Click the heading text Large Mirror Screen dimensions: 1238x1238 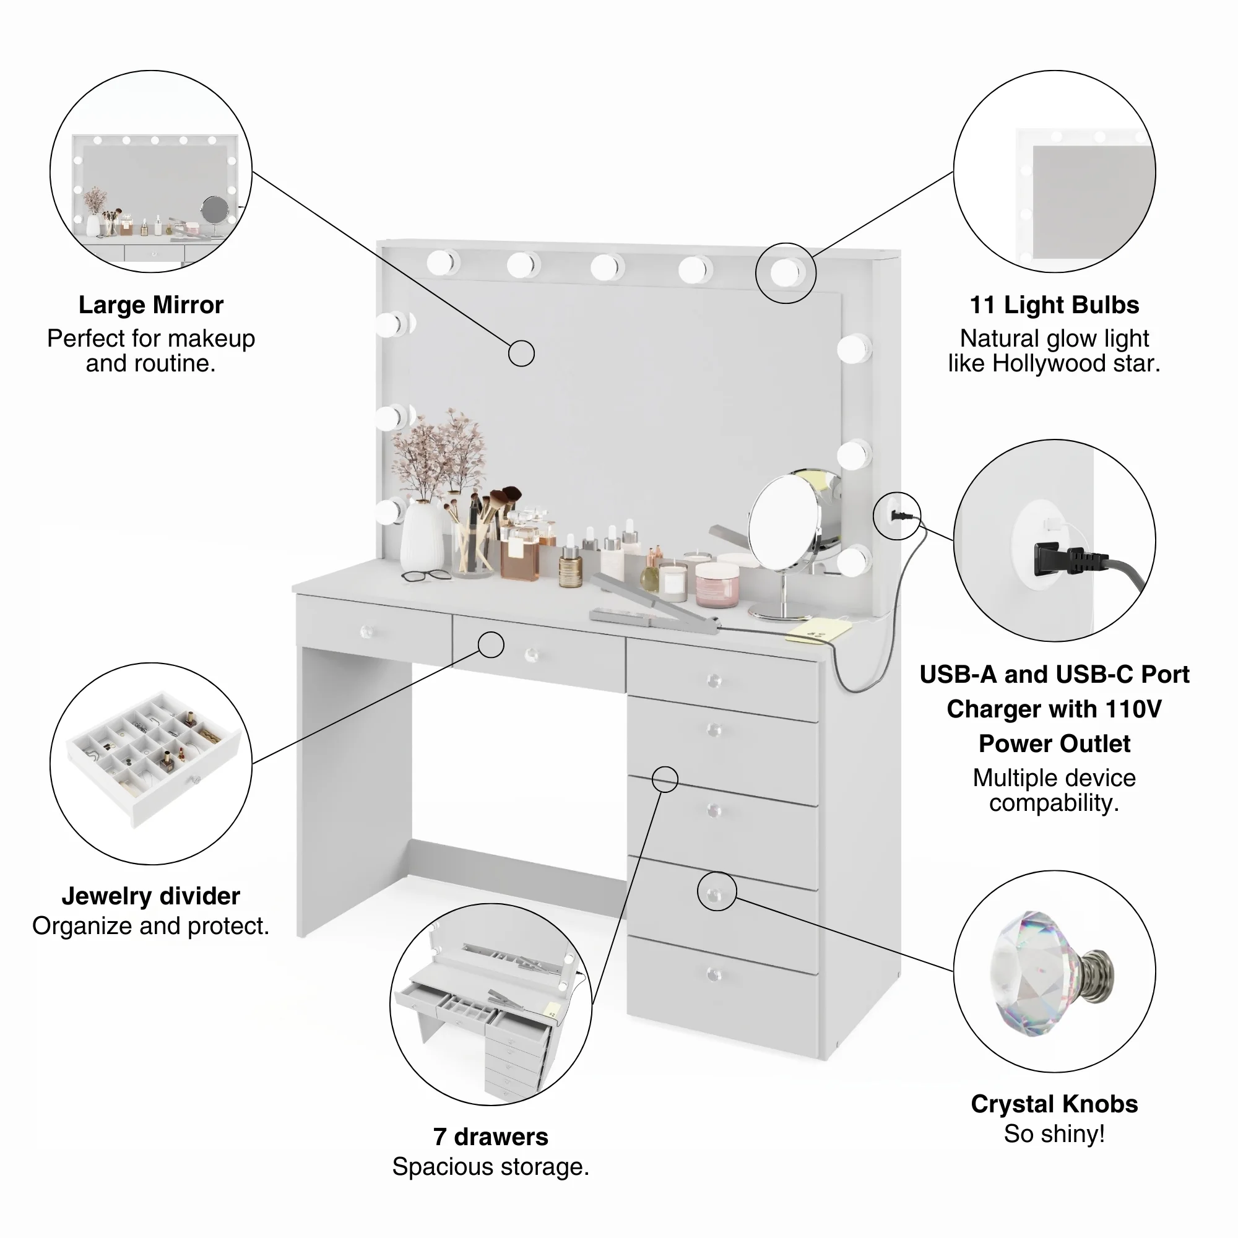(x=150, y=305)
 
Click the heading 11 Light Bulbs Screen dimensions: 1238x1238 (x=1054, y=305)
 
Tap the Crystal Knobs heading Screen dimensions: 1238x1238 (x=1054, y=1104)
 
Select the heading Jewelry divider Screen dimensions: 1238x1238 (x=150, y=896)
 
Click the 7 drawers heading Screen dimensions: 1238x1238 (x=490, y=1136)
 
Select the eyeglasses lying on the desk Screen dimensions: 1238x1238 (x=426, y=576)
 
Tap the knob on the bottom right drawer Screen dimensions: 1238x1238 (x=714, y=976)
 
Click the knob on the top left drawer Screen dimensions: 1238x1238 (x=367, y=633)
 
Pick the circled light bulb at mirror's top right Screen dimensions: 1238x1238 (x=785, y=274)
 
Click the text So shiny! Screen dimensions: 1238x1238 (x=1054, y=1134)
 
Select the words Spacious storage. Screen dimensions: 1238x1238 (x=490, y=1167)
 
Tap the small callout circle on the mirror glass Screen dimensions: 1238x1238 (x=521, y=353)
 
